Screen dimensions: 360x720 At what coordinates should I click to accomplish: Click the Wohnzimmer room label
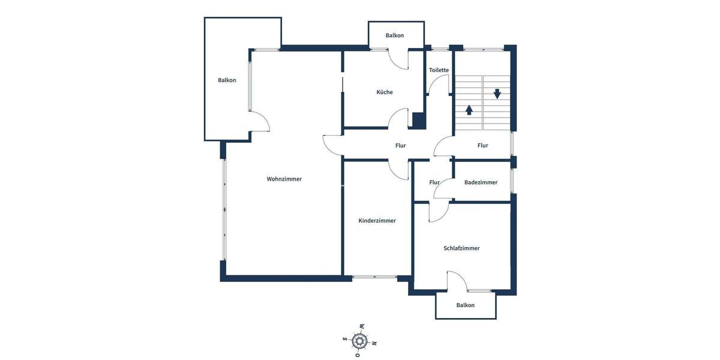point(284,179)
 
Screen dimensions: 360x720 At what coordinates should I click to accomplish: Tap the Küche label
point(385,92)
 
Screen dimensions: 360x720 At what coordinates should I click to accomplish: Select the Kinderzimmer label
point(377,221)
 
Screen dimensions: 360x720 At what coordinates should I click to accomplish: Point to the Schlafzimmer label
point(461,248)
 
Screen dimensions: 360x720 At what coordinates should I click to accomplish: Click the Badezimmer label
point(481,182)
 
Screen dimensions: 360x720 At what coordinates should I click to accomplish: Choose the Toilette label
point(439,70)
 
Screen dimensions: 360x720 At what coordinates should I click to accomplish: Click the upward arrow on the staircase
point(469,110)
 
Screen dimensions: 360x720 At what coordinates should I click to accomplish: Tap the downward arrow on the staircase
point(497,94)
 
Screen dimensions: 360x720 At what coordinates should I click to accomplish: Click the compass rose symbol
point(359,341)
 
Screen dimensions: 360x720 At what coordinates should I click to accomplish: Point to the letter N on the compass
point(374,343)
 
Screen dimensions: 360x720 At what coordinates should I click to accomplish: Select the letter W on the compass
point(362,326)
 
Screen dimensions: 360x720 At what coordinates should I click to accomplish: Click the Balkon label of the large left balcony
point(227,80)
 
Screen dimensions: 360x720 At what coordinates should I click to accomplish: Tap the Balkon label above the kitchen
point(395,35)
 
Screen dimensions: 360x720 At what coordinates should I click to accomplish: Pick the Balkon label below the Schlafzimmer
point(465,305)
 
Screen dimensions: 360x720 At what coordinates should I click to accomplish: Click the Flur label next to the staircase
point(482,145)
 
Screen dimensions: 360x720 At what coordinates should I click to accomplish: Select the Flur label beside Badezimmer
point(434,182)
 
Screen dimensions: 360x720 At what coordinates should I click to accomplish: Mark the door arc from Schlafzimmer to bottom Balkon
point(457,281)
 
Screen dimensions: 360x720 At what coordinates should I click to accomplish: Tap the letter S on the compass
point(345,339)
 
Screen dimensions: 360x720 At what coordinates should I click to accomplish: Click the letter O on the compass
point(358,355)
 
